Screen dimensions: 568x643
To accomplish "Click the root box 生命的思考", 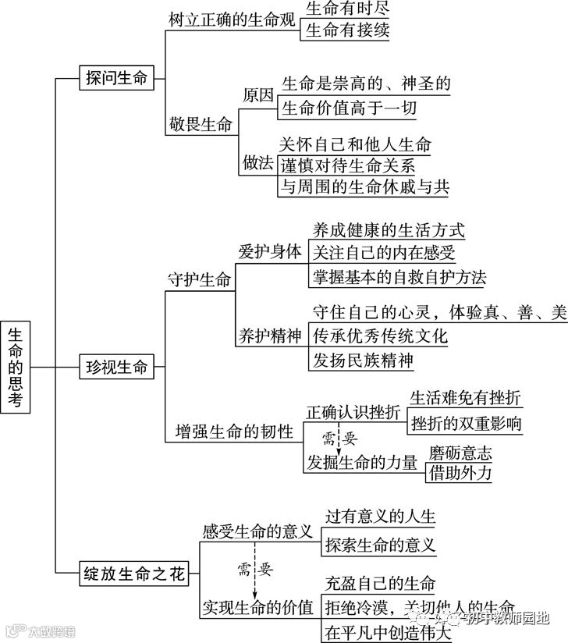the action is tap(16, 365).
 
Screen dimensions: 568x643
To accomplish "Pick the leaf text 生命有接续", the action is tap(346, 31).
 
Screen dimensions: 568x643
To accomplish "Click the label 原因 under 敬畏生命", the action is tap(258, 96).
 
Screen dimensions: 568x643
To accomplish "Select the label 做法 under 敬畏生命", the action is tap(258, 163).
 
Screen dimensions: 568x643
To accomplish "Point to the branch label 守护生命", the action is tap(200, 279).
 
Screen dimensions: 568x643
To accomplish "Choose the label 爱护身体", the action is tap(269, 251).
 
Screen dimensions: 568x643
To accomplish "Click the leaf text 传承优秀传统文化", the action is tap(380, 336).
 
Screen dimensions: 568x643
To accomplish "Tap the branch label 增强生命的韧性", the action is tap(233, 431).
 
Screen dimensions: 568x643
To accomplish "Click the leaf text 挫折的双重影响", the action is tap(466, 424).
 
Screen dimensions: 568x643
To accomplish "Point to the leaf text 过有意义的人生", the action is tap(381, 517).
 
